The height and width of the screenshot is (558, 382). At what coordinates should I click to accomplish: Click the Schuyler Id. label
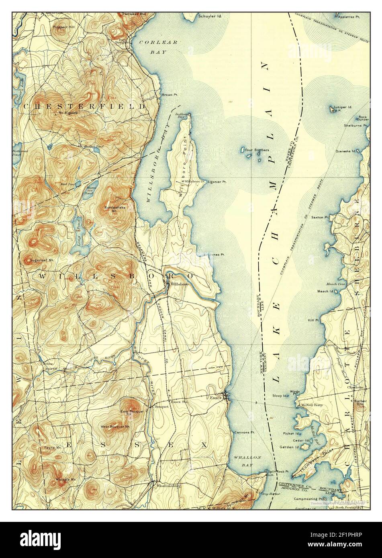click(210, 16)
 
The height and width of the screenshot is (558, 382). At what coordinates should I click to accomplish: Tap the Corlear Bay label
click(149, 47)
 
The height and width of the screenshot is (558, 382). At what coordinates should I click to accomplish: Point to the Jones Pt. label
click(216, 255)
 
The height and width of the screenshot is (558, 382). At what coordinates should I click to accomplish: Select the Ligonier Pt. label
click(217, 181)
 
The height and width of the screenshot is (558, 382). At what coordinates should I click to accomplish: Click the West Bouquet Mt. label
click(115, 426)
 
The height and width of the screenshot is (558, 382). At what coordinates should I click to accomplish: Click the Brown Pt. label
click(170, 95)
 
